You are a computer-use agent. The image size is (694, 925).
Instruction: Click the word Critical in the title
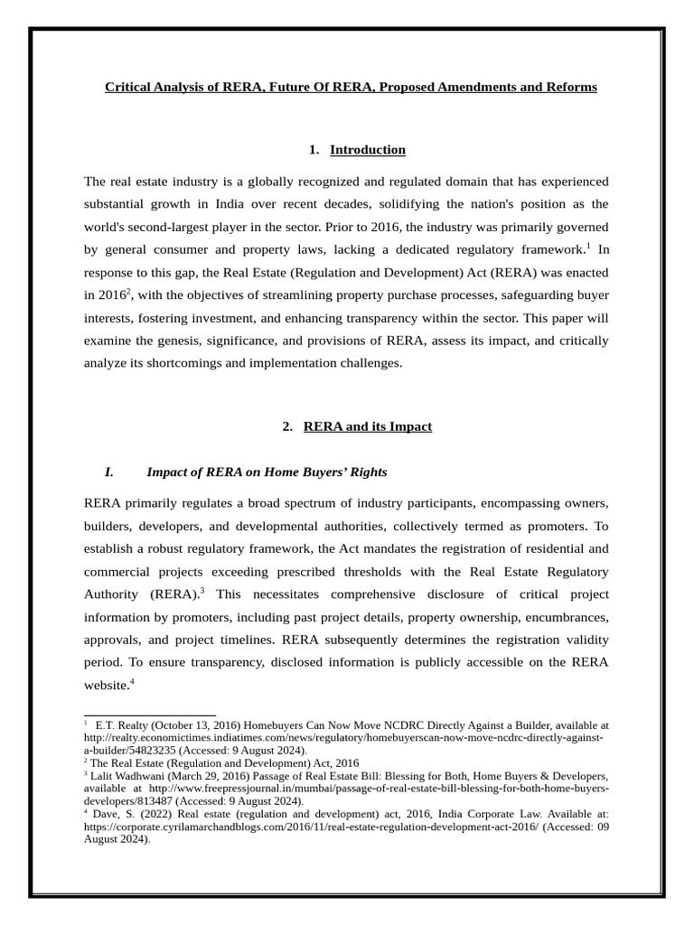[127, 88]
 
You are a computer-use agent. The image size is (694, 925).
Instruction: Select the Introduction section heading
[367, 150]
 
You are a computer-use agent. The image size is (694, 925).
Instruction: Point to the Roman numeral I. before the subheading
[109, 472]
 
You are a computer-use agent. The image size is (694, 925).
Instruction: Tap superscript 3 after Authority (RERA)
[203, 590]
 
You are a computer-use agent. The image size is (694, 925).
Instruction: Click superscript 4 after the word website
[132, 682]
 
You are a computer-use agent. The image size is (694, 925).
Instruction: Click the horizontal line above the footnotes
[149, 715]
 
